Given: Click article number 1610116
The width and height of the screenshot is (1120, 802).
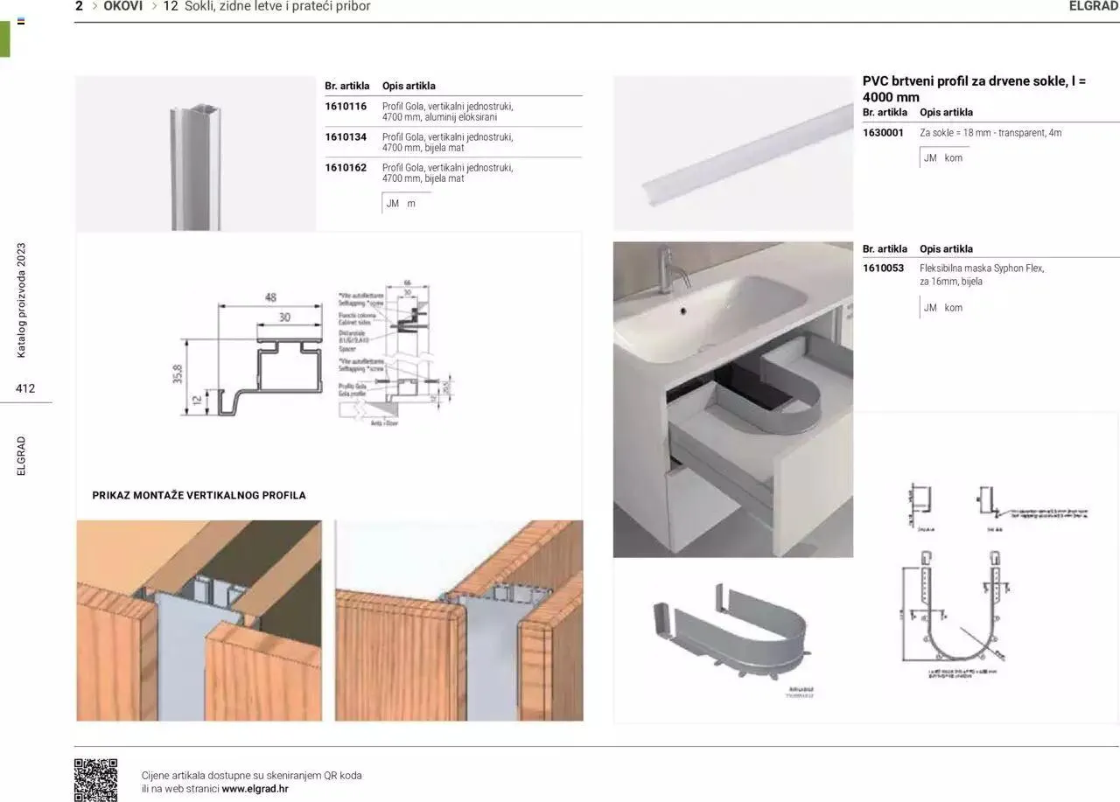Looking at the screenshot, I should point(346,107).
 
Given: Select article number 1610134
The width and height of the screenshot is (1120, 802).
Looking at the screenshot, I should point(346,137).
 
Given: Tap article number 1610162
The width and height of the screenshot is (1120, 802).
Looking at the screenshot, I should point(346,168).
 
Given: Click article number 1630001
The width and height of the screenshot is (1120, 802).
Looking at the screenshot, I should point(883,133).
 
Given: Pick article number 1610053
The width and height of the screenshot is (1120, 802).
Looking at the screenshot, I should point(883,268).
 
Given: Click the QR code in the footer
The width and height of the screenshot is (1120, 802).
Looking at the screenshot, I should point(95,779).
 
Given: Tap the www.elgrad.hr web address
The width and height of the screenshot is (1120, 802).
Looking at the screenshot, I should point(255,788).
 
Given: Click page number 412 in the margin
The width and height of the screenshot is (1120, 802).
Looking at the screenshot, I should point(25,388).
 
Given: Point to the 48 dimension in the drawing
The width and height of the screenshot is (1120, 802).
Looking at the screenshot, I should point(270,297).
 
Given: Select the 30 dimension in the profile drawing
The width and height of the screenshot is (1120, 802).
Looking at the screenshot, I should point(284,317).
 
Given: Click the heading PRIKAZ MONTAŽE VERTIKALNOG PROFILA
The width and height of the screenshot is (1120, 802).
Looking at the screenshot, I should point(199,495).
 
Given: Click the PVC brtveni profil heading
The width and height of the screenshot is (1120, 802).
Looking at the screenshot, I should point(973,88).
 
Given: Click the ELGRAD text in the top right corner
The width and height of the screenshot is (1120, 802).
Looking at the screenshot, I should point(1094,6).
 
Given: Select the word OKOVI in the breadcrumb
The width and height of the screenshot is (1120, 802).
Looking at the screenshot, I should point(122,6).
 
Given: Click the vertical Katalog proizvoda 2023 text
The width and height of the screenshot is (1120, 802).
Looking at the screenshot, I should point(22,300).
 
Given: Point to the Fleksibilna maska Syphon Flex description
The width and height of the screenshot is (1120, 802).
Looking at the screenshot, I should point(982,275).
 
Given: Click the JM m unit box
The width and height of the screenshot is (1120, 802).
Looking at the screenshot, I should point(401,203).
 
